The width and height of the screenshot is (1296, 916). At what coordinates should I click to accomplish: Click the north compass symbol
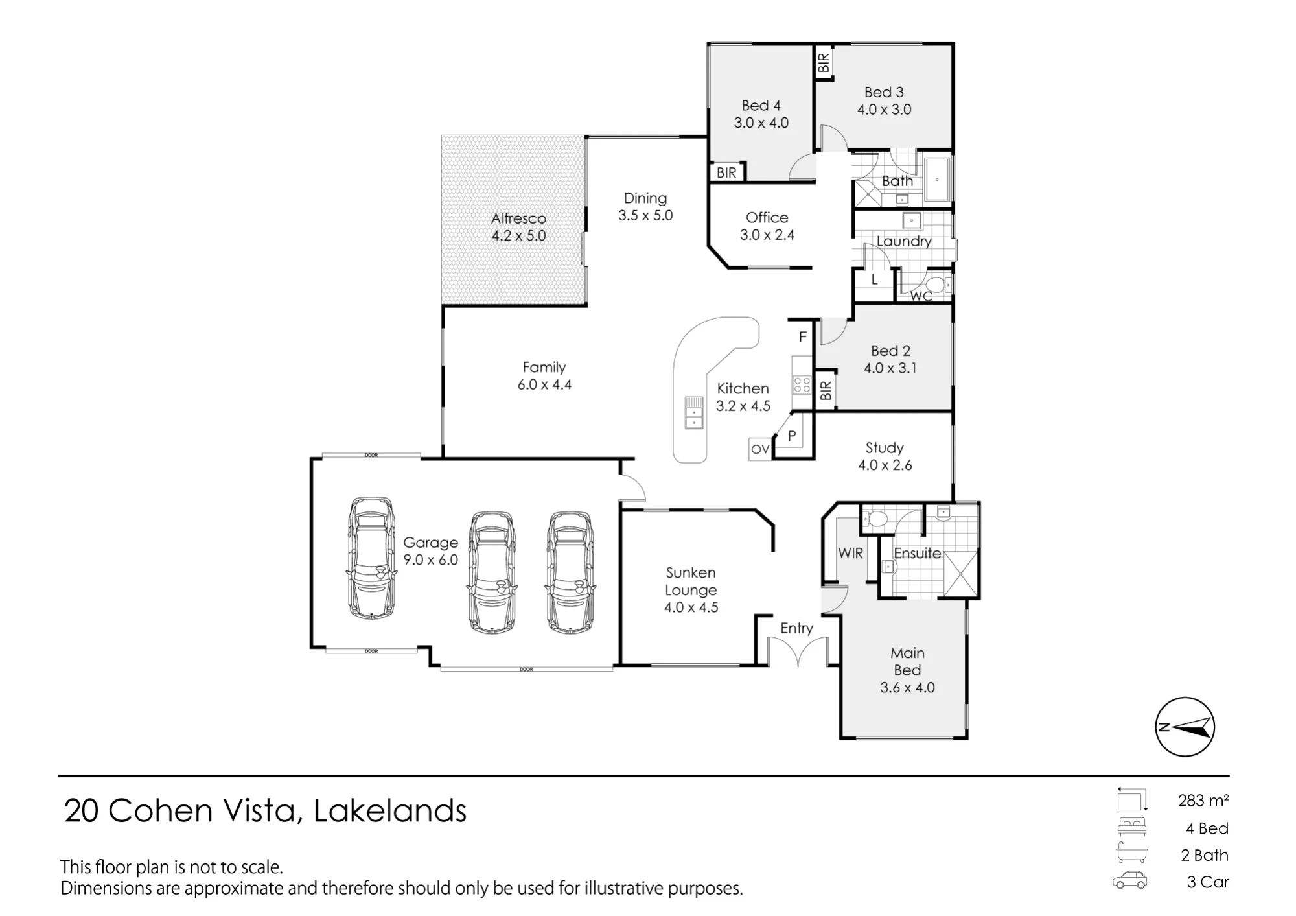point(1185,727)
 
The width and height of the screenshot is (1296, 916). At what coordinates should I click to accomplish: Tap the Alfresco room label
point(518,218)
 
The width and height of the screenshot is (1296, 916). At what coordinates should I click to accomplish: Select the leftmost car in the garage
point(371,558)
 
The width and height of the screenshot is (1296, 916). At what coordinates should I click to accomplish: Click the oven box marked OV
point(760,449)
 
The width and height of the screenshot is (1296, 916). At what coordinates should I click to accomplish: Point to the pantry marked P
point(792,436)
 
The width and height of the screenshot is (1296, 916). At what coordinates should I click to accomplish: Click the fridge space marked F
point(802,336)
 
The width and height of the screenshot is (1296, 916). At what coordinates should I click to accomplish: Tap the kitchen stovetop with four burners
point(802,384)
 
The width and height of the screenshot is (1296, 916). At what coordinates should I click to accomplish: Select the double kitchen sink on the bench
point(693,412)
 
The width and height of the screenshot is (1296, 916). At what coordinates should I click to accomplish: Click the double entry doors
point(798,651)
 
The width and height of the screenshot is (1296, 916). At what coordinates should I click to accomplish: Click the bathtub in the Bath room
point(937,179)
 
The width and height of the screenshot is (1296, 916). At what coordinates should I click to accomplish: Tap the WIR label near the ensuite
point(850,553)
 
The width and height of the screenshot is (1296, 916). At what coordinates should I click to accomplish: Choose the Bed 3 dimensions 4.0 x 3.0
point(884,110)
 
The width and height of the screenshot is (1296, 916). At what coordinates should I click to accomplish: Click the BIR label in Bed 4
point(726,172)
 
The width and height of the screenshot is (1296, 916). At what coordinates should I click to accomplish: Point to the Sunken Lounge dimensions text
point(691,607)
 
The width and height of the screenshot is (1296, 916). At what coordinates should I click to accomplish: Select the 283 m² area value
point(1203,801)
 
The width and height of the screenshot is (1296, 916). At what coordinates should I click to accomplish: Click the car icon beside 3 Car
point(1130,881)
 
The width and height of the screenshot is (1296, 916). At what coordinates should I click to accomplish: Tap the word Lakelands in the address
point(390,811)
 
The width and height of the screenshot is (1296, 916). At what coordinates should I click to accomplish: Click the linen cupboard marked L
point(874,281)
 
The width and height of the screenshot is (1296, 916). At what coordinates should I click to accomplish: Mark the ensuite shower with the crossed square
point(959,574)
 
